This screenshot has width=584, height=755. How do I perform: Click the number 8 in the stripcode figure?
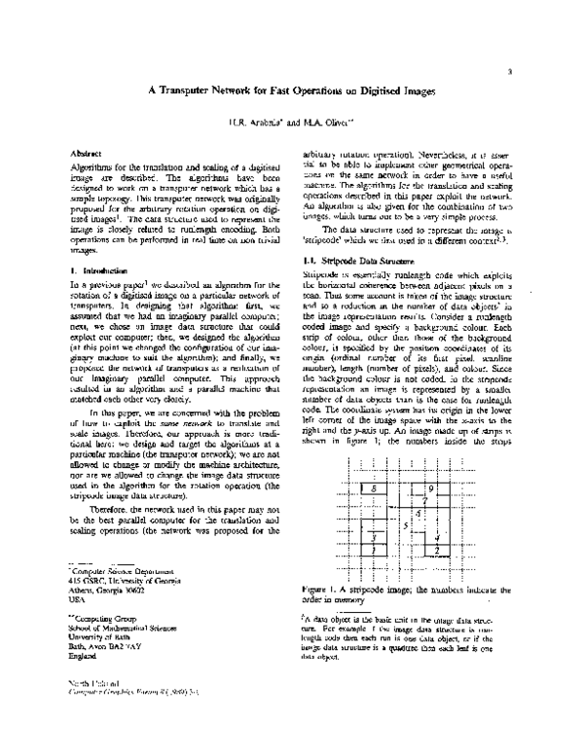(x=374, y=488)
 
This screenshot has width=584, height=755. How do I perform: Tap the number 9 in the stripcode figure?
(x=430, y=487)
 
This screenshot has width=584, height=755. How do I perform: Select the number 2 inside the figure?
(x=438, y=551)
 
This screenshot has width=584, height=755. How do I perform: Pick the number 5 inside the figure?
(x=406, y=525)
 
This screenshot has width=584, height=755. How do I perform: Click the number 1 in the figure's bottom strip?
(x=375, y=551)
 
